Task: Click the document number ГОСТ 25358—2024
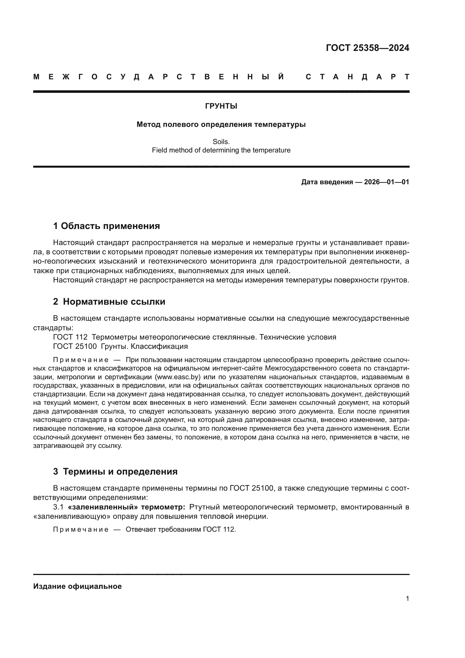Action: click(367, 48)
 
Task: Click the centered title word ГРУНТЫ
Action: click(221, 106)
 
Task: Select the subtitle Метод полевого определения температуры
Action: click(221, 125)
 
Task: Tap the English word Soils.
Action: click(221, 142)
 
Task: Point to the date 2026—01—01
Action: click(386, 182)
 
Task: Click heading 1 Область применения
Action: click(106, 226)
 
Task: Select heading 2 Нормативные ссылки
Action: click(109, 302)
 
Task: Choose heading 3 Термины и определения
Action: click(115, 472)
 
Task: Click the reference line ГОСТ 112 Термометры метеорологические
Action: click(195, 337)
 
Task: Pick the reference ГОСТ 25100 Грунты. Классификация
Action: click(120, 347)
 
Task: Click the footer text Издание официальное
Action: click(77, 586)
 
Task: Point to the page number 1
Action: click(407, 599)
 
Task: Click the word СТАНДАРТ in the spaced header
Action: click(357, 77)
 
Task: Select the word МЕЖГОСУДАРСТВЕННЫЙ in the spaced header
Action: click(159, 77)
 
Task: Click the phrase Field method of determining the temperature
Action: click(221, 150)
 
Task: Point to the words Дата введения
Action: click(327, 182)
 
